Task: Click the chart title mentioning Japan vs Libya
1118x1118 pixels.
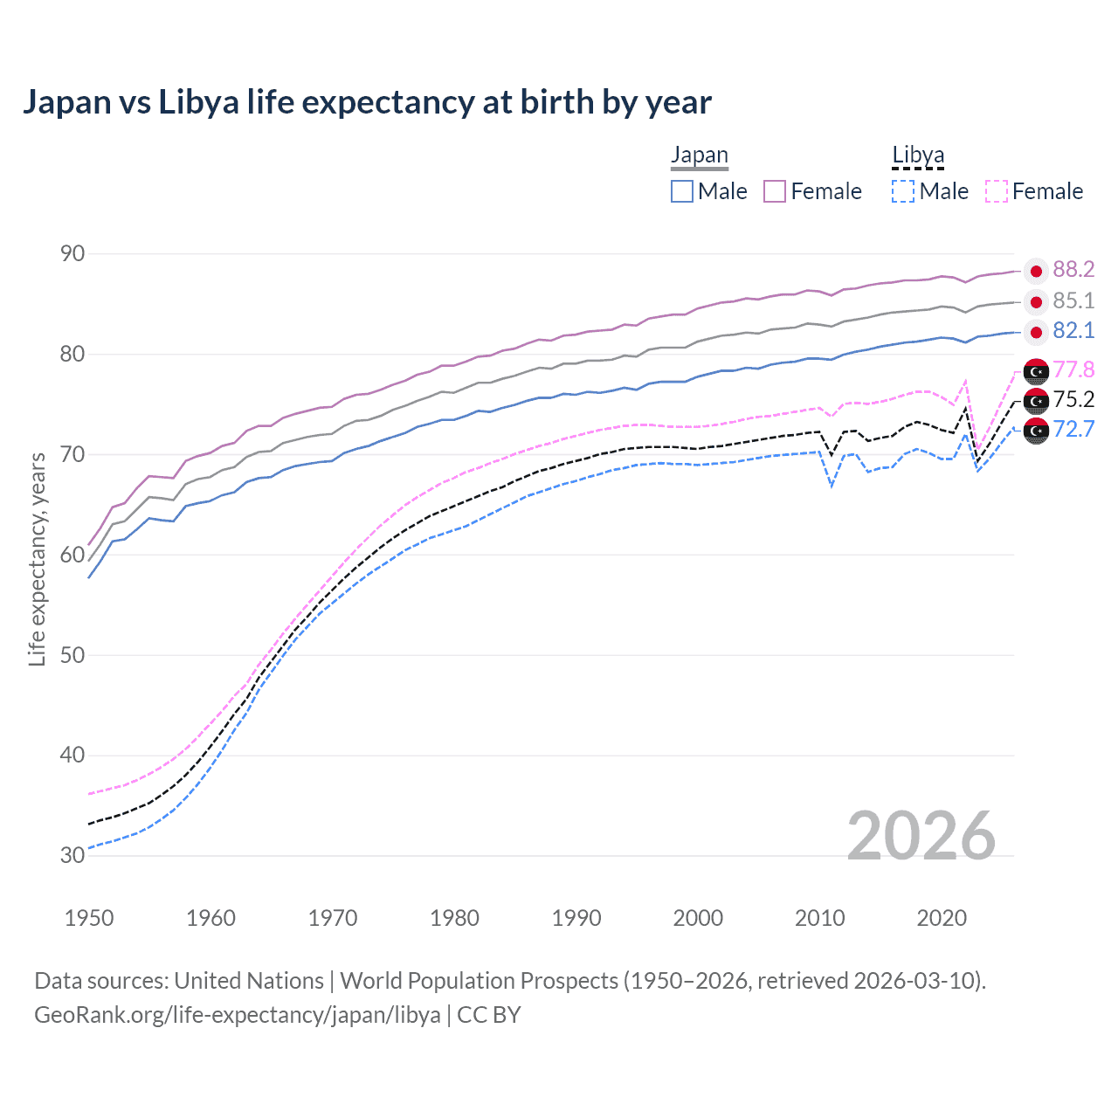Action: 367,102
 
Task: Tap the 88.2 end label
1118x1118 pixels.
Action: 1073,270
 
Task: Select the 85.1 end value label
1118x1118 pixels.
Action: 1073,301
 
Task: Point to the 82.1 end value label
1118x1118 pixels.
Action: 1073,331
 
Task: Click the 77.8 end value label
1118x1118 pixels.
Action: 1073,370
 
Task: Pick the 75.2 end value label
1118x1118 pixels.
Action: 1073,400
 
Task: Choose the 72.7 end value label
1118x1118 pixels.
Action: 1073,429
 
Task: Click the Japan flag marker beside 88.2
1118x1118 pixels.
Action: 1036,271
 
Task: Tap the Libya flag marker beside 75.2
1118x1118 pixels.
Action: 1036,401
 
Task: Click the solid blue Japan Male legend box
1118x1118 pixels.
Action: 682,191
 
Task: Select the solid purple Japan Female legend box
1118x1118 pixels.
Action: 775,191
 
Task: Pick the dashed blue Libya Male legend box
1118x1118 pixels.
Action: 903,191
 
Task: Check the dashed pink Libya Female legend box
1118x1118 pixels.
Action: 996,191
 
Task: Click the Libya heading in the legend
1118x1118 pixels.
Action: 918,155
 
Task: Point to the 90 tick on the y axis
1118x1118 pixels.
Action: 72,254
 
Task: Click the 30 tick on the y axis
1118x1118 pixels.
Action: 72,855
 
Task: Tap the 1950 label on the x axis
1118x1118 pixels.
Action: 89,918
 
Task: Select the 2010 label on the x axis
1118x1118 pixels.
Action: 819,918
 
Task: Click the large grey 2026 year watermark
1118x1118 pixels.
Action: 921,836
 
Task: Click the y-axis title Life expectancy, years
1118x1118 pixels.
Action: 38,559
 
